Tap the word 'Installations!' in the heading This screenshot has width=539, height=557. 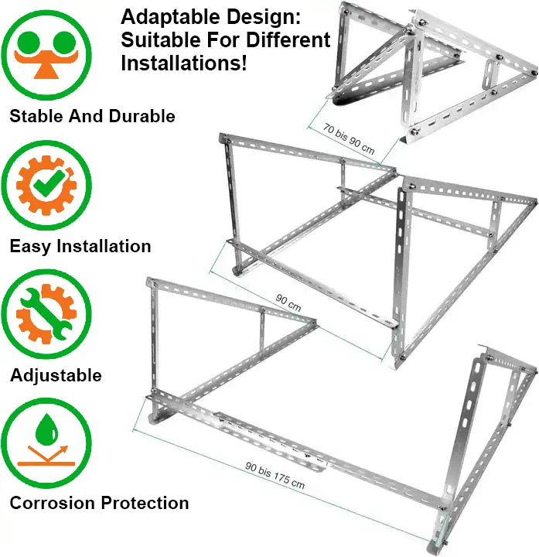tap(183, 63)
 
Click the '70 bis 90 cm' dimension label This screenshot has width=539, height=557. tap(349, 139)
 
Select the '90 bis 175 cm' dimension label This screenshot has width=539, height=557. tap(275, 475)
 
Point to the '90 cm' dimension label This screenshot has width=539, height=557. tap(288, 303)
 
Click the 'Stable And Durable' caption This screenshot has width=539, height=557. tap(92, 116)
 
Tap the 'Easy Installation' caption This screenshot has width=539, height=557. tap(80, 247)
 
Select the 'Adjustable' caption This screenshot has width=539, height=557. tap(56, 376)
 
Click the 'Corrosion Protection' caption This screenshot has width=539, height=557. tap(99, 503)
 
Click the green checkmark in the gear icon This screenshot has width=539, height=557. tap(49, 183)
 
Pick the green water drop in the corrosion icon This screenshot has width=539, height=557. tap(46, 429)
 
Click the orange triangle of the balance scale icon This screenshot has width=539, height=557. tap(46, 70)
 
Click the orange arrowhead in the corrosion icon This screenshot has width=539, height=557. tap(63, 449)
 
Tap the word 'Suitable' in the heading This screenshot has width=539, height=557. tap(161, 39)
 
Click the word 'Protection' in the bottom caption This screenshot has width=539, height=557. tap(145, 503)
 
